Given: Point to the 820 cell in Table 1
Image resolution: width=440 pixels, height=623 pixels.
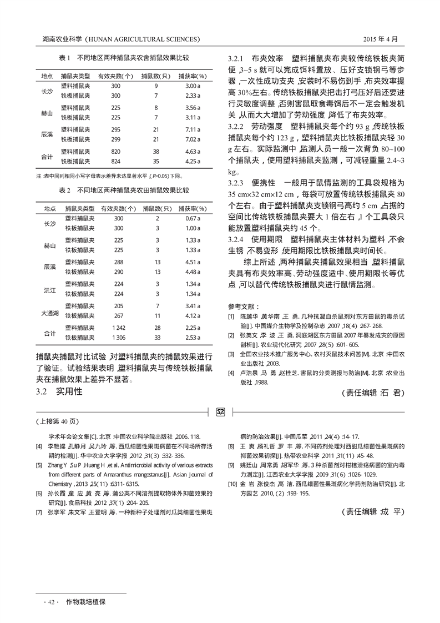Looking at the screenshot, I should coord(115,151).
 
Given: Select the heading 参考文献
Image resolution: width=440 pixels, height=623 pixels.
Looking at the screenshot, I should coord(243,307).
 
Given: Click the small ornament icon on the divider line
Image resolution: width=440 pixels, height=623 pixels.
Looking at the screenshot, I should coord(220,411).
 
